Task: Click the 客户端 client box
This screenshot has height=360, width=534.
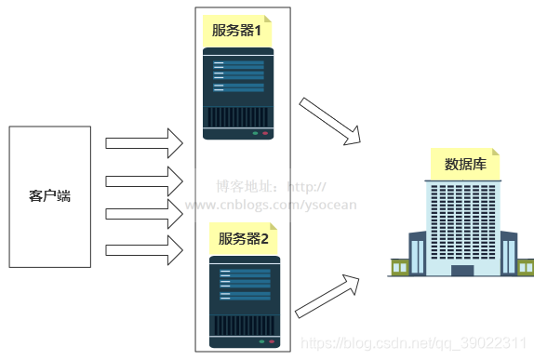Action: point(49,196)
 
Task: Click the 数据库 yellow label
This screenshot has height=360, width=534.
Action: point(465,165)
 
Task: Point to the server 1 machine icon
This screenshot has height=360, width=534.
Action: point(239,93)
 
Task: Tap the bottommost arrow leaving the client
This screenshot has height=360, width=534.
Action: point(143,249)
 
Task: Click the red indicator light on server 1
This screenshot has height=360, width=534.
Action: point(265,134)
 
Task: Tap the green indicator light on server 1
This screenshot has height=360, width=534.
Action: point(255,134)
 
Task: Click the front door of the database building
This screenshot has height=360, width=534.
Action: point(461,270)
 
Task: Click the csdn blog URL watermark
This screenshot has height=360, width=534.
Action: point(419,345)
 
